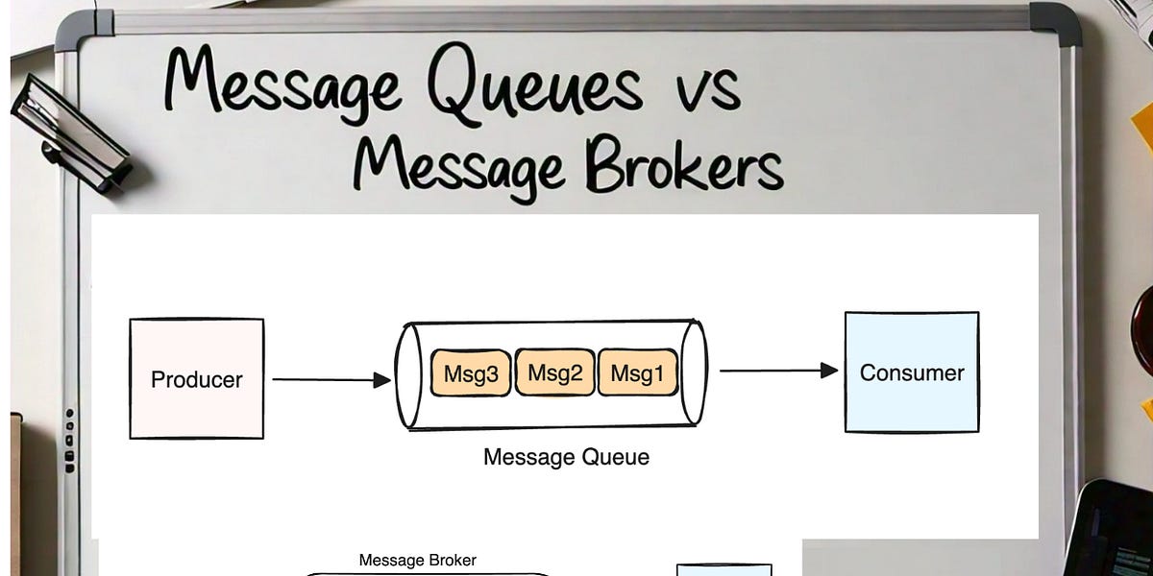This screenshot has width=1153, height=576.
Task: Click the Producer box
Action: tap(197, 379)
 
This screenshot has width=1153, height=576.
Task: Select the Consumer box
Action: tap(911, 372)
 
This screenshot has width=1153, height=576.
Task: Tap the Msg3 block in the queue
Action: tap(471, 373)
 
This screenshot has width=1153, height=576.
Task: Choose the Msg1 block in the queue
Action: tap(637, 373)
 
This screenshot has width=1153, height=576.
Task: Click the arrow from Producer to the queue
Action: tap(331, 380)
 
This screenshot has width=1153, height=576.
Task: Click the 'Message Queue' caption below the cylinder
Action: tap(566, 457)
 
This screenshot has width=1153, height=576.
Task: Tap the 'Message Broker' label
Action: tap(417, 560)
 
